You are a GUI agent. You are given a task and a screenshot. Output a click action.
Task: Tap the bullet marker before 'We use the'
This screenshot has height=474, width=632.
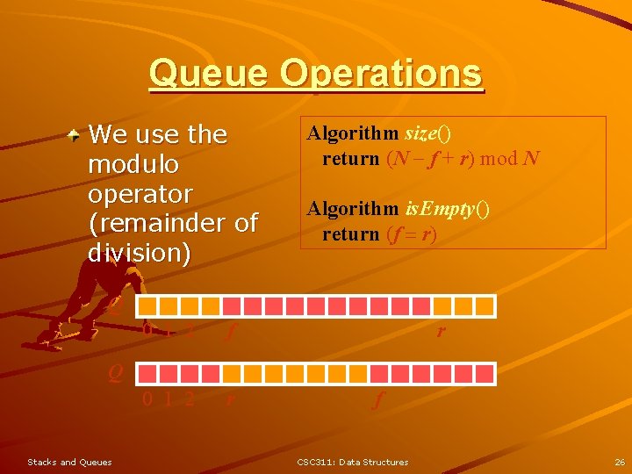[x=78, y=134]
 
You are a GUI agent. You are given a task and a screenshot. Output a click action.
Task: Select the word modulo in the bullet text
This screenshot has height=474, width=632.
[x=133, y=164]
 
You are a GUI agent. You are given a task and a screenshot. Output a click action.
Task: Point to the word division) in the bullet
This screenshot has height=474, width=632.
[x=139, y=253]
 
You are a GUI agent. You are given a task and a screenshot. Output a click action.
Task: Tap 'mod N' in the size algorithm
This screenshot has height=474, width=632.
[x=510, y=159]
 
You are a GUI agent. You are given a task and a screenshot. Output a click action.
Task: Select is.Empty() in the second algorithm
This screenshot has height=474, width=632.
[x=447, y=209]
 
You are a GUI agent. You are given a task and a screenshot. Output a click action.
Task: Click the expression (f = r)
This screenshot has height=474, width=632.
[x=411, y=234]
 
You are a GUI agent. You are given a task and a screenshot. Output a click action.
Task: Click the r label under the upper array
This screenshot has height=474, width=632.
[x=441, y=331]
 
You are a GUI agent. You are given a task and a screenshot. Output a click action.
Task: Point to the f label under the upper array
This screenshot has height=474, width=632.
[x=230, y=332]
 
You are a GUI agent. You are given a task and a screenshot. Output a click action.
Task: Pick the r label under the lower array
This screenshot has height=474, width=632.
[x=230, y=399]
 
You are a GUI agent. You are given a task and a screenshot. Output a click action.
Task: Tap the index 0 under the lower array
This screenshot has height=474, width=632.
[x=147, y=399]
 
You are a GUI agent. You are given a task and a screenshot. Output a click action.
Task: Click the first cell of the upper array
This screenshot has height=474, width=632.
[x=147, y=305]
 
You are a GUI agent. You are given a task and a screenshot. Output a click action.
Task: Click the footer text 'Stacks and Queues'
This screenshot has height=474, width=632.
[x=69, y=462]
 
